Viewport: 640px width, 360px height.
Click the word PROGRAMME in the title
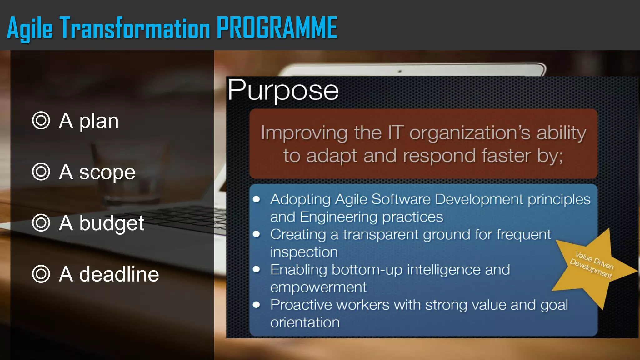[x=277, y=28]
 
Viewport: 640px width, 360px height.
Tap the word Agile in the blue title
[x=30, y=29]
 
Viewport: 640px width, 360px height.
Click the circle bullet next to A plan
[x=41, y=121]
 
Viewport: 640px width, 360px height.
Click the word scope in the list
[x=107, y=172]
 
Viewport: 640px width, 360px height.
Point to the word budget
[x=112, y=224]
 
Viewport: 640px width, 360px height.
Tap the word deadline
[x=119, y=274]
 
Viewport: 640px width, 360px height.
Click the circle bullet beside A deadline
[x=41, y=274]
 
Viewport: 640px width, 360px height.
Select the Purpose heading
[x=283, y=90]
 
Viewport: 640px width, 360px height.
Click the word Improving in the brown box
[x=304, y=133]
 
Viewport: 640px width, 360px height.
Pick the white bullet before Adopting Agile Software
[x=257, y=199]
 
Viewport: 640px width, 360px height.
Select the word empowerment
[x=318, y=287]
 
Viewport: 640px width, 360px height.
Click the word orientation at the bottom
[x=305, y=322]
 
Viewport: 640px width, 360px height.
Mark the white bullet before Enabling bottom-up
[x=257, y=269]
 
